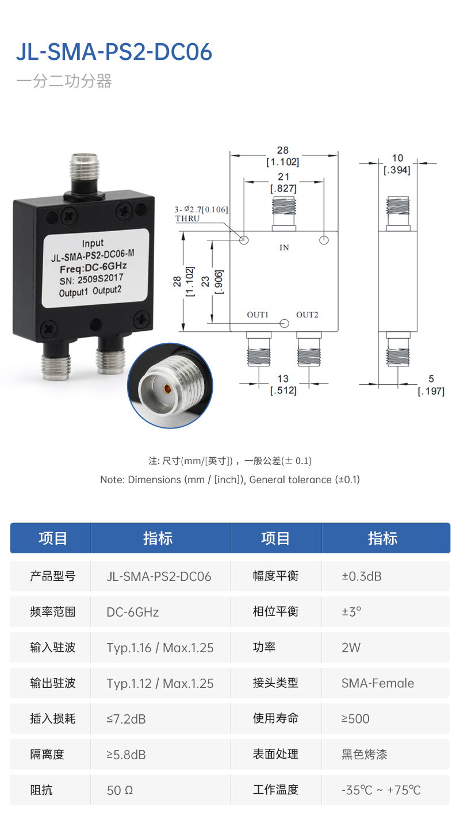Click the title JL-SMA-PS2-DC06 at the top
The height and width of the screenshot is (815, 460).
[x=114, y=52]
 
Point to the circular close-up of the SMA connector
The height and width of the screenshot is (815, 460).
[x=170, y=385]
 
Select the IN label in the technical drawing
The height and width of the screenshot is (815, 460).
[x=284, y=248]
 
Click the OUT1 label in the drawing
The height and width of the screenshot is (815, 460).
[x=258, y=315]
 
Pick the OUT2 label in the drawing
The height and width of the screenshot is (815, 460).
[x=307, y=315]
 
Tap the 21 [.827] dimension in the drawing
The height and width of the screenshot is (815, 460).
[x=283, y=183]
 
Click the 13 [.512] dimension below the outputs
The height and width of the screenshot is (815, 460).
[x=283, y=385]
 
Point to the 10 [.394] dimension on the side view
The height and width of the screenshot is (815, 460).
[x=397, y=164]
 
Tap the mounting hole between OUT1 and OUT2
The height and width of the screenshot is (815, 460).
[x=284, y=323]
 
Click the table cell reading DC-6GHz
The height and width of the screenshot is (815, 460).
[x=133, y=612]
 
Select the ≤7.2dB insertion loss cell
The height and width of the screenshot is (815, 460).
[x=126, y=719]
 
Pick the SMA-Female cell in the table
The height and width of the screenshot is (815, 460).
[x=378, y=683]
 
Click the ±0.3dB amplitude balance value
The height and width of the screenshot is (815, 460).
[x=362, y=576]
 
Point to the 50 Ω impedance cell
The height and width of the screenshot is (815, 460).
[x=120, y=790]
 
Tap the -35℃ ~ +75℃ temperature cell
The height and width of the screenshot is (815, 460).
[x=381, y=790]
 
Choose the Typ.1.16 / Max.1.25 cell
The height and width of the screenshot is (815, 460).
[x=160, y=648]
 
